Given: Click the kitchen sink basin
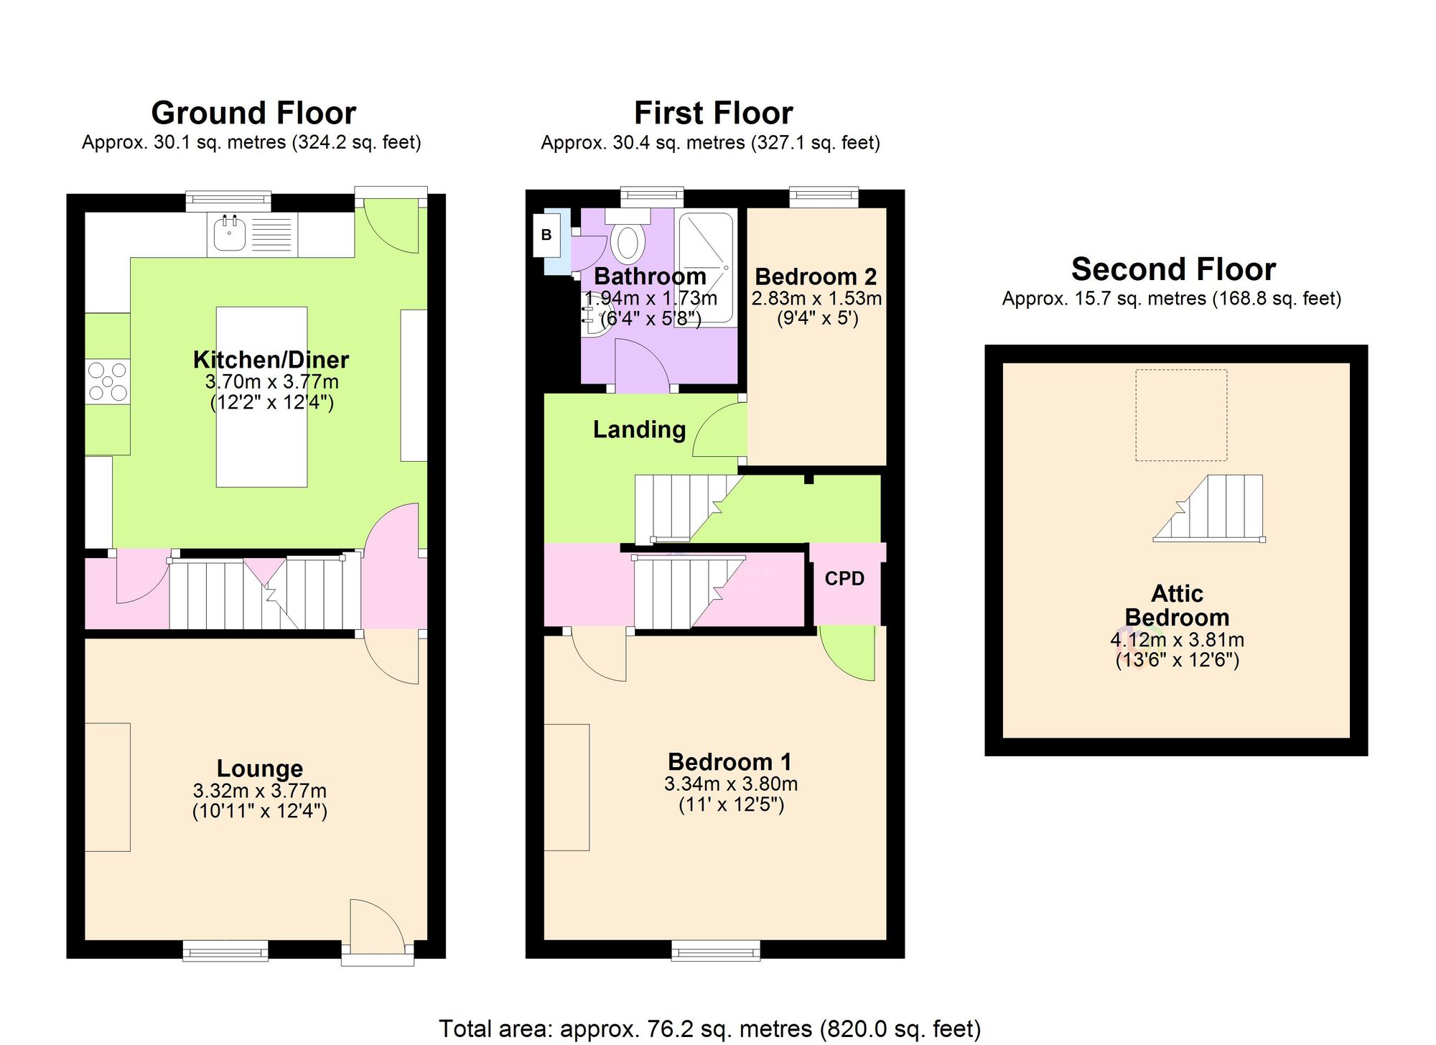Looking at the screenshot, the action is click(230, 233).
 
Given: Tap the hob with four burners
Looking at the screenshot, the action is click(108, 381).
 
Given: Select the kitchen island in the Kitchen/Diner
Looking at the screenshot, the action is click(262, 397).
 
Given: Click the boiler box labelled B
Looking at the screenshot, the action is click(546, 235).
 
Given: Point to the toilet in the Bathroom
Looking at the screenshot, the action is click(628, 236).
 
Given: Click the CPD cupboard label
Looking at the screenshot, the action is click(844, 579).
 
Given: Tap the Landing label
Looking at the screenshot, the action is click(639, 429).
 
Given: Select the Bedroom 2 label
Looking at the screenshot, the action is click(816, 277).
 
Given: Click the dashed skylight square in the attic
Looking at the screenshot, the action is click(1181, 415).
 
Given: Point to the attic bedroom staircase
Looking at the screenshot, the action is click(1209, 508).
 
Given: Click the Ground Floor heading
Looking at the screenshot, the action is click(253, 113).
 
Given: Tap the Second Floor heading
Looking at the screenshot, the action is click(1173, 269).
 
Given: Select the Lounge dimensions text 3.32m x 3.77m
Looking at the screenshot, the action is click(260, 791).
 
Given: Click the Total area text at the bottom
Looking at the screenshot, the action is click(709, 1029).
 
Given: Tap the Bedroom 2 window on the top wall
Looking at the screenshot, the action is click(824, 197).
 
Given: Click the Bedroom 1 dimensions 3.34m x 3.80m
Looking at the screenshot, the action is click(731, 784).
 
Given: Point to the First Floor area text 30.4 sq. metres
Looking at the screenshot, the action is click(679, 143).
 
